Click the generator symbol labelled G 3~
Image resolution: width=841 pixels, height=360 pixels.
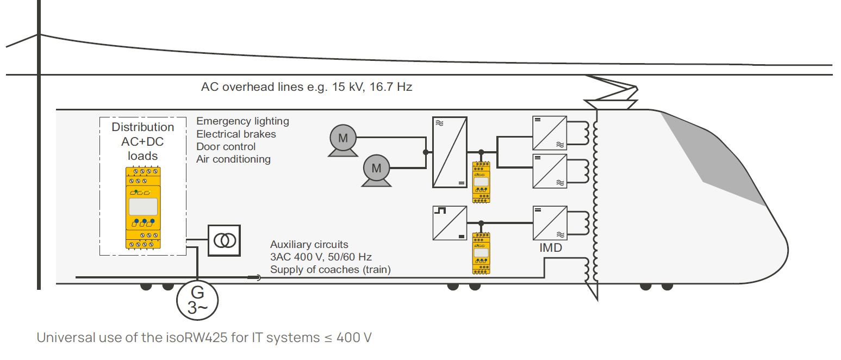(x=197, y=301)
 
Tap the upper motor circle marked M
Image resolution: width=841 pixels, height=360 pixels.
(x=343, y=138)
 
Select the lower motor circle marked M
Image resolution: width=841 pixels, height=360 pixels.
(x=376, y=169)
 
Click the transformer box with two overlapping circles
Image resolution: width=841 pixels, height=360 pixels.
(x=224, y=240)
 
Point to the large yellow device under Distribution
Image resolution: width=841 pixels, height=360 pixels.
(x=143, y=208)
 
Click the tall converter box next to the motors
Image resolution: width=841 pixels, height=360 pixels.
(x=450, y=152)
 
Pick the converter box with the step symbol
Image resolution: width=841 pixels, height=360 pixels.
(x=450, y=223)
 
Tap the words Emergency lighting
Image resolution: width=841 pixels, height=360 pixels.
(x=242, y=121)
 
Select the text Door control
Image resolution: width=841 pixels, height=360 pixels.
(x=226, y=147)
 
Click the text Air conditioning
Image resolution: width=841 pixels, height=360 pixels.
(x=233, y=159)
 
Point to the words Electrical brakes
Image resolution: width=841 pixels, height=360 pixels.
(x=236, y=134)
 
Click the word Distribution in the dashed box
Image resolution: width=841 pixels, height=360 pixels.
(x=143, y=127)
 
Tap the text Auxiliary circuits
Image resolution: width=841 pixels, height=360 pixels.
(x=309, y=245)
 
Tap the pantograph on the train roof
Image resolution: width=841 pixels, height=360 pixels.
(x=612, y=92)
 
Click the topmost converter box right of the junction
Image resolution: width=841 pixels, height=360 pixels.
(x=550, y=133)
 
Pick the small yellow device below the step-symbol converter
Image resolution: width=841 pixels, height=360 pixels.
(x=481, y=253)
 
